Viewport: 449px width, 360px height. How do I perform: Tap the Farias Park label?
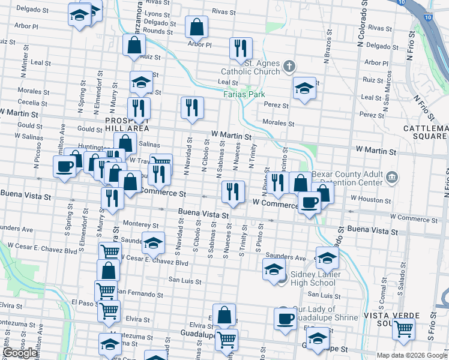tap(244, 94)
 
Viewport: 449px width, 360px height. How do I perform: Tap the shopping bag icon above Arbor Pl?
tap(196, 26)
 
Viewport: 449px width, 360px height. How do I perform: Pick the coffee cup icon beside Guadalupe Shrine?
tap(285, 317)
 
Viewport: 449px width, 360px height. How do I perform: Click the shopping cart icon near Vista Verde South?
tap(403, 328)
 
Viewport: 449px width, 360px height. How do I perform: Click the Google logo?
tap(20, 353)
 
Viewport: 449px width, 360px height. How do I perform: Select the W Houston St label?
tap(371, 198)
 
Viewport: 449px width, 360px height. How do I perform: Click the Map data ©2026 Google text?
tap(412, 355)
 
